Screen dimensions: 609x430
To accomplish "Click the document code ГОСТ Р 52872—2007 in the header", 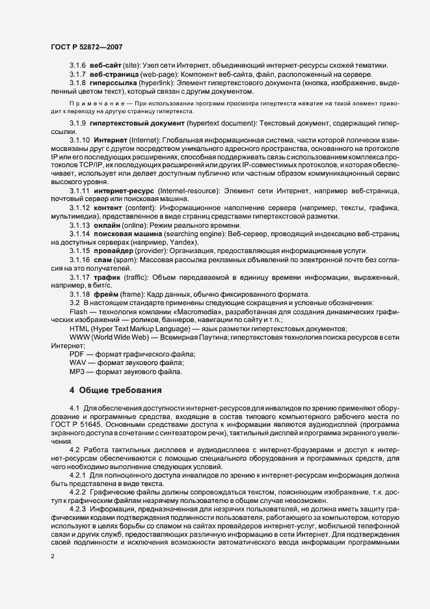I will coord(84,47).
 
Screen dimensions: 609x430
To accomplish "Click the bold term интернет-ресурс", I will coord(124,190).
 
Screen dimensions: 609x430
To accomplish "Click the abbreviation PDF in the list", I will coord(77,353).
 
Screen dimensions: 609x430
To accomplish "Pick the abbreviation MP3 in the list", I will coord(78,371).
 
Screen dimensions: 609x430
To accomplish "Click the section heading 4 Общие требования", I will coord(114,391).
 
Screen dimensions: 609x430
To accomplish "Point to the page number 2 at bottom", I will coord(53,556).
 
